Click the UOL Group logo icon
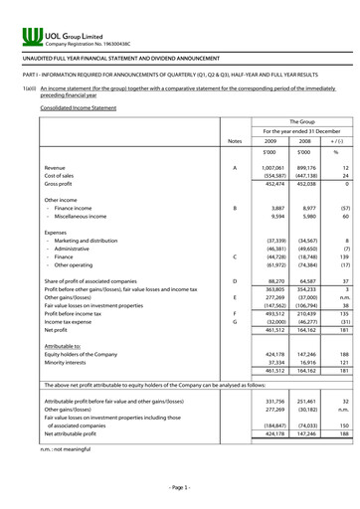pyautogui.click(x=30, y=39)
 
